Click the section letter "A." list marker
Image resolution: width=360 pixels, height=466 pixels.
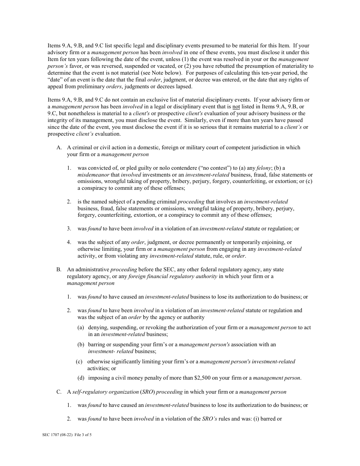tap(59, 147)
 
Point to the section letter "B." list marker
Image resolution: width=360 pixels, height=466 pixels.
tap(59, 269)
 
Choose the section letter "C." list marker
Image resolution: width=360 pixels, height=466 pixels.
tap(59, 392)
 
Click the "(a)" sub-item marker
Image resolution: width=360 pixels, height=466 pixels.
tap(81, 327)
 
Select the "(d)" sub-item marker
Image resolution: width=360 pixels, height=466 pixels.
tap(81, 378)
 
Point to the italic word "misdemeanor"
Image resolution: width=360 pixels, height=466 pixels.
tap(93, 175)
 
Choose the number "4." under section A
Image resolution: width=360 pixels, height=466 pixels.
tap(69, 242)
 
